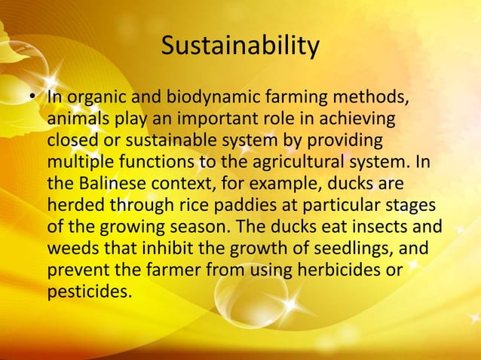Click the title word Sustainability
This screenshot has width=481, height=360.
[x=240, y=47]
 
